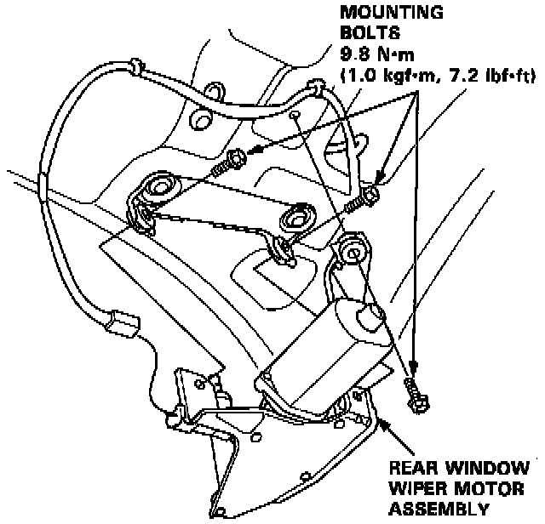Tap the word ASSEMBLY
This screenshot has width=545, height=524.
tap(439, 508)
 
